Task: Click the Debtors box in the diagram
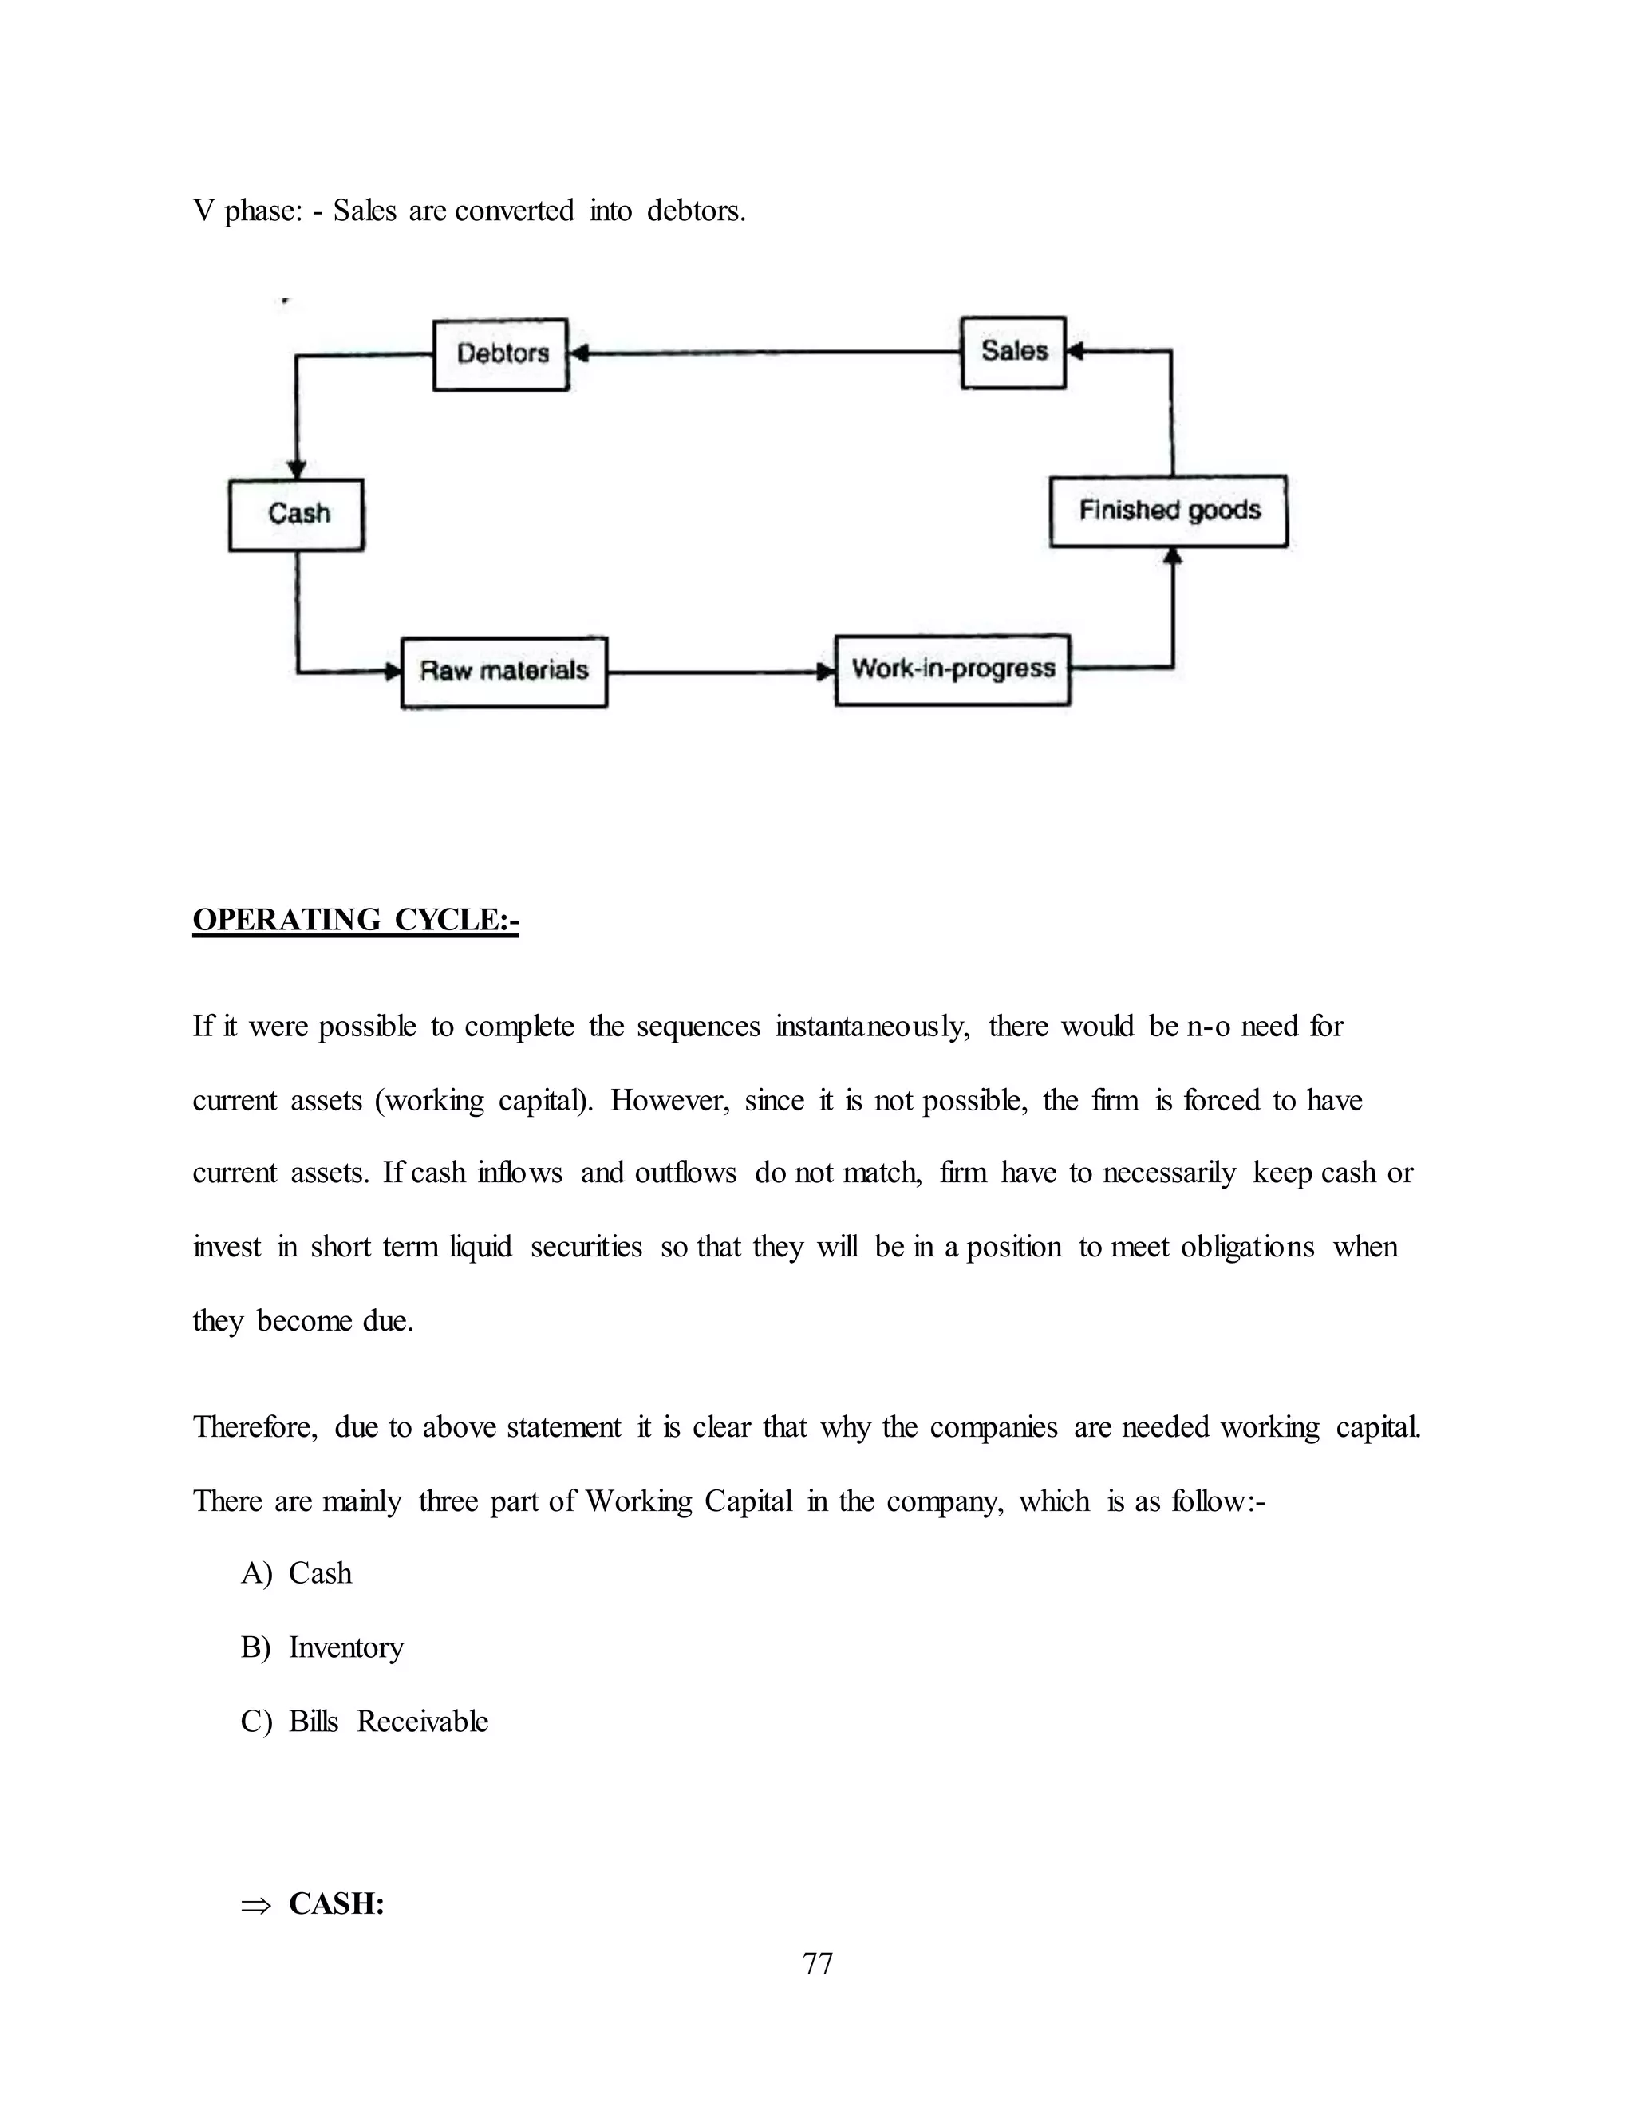click(x=500, y=354)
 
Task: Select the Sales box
click(x=1012, y=353)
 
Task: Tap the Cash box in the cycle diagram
click(x=296, y=514)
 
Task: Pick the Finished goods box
click(x=1168, y=511)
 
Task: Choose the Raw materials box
click(x=503, y=672)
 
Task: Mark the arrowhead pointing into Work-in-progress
click(x=826, y=672)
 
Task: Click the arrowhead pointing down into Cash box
click(x=297, y=469)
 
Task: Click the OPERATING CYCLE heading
click(x=355, y=920)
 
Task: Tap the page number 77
click(x=817, y=1963)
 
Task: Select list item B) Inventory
click(x=322, y=1647)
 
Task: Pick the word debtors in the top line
click(x=695, y=211)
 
